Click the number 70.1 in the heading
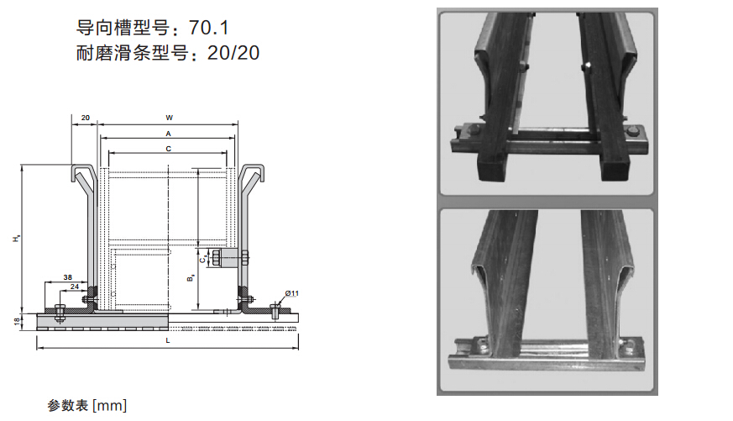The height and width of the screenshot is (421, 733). pos(209,28)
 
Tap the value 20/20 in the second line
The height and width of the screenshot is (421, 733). pos(233,53)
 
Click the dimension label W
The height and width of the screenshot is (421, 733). pos(169,118)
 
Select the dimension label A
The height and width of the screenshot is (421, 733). pos(168,134)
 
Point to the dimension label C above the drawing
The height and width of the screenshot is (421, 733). pos(168,149)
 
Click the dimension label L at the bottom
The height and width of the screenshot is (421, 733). pos(168,340)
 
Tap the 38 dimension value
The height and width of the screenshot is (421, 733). pos(68,277)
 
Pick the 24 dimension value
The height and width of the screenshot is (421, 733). pos(75,287)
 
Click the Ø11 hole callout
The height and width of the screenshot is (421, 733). pos(291,293)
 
